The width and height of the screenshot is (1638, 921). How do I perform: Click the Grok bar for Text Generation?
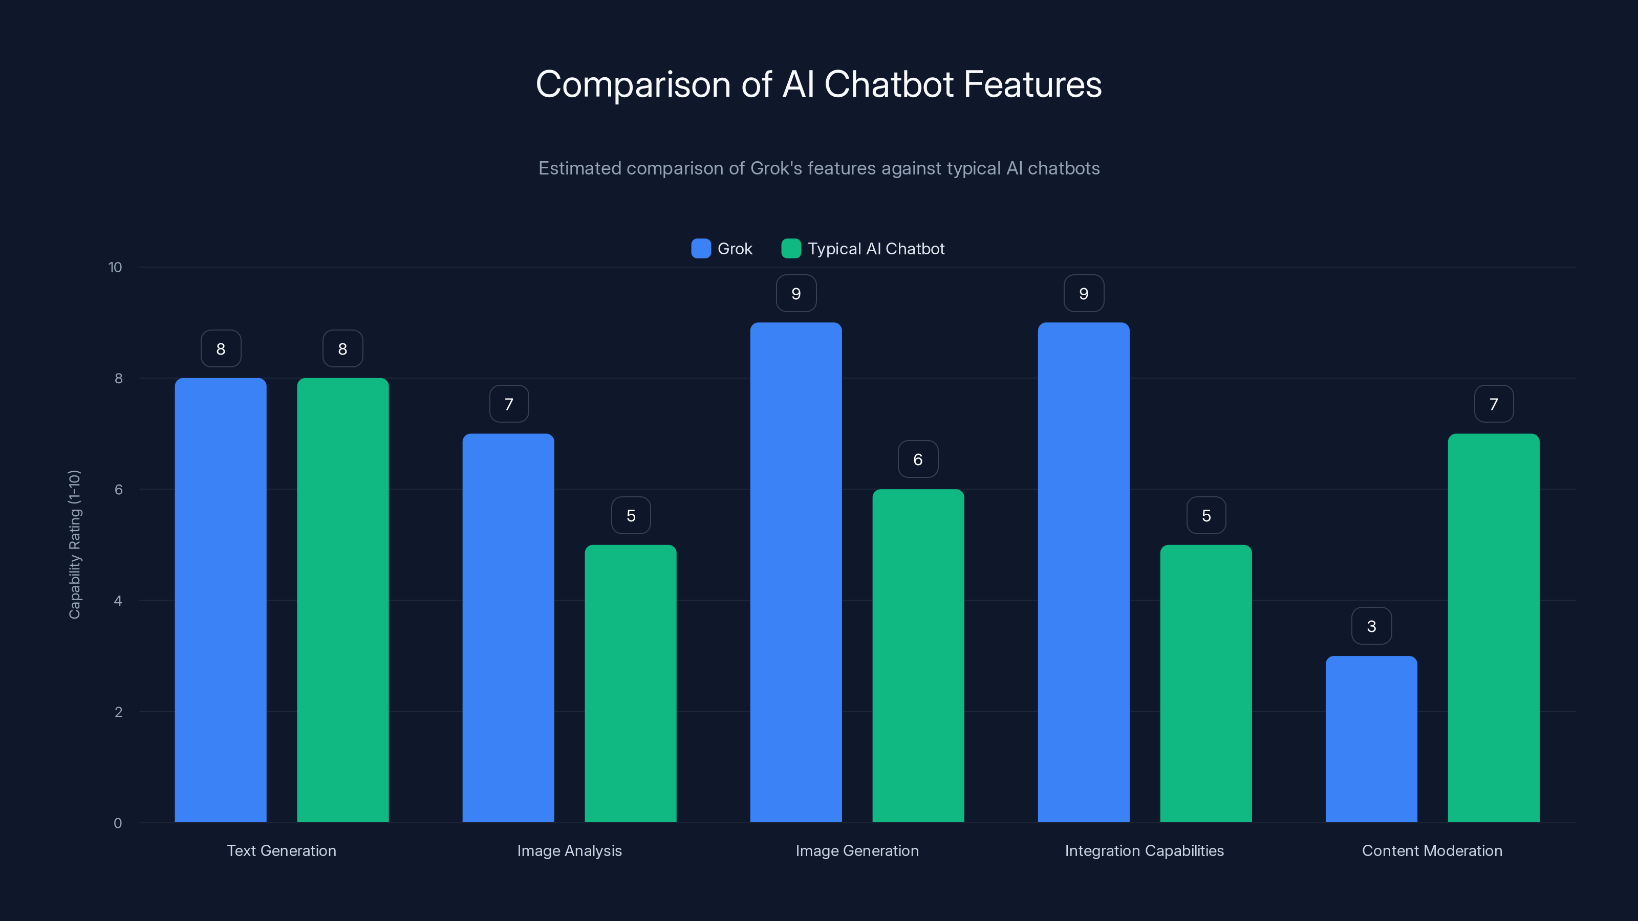click(221, 600)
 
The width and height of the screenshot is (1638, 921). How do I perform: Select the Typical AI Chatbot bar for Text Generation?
click(343, 600)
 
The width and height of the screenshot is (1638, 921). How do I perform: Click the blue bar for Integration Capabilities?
click(1084, 572)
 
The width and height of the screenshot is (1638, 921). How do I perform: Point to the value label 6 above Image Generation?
click(918, 459)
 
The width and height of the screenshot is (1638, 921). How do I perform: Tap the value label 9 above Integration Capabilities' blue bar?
click(1084, 294)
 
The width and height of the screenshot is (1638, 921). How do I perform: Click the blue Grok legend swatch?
click(701, 249)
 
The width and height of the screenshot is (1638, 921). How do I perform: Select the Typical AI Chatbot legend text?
click(876, 249)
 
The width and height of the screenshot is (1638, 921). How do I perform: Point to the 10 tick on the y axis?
click(115, 267)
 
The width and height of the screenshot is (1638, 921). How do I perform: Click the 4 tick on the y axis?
click(118, 601)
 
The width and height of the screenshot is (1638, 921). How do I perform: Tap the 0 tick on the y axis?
click(118, 823)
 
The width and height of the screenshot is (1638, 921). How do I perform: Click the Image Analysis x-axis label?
click(569, 850)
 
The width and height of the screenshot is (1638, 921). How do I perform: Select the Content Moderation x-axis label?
click(1432, 850)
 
